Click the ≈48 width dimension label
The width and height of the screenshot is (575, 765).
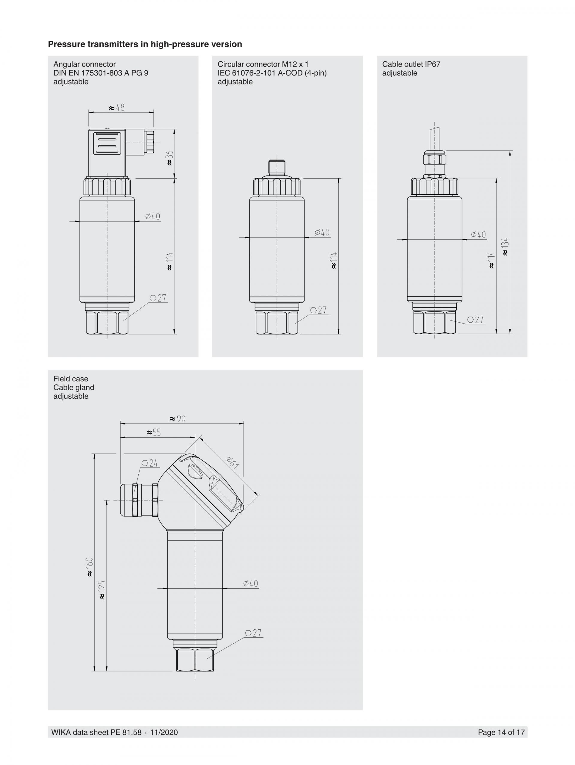(x=116, y=108)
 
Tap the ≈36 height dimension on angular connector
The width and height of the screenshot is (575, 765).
(x=170, y=158)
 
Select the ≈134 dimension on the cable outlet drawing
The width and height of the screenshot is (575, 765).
(x=505, y=246)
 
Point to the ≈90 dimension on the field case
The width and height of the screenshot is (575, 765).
(x=177, y=419)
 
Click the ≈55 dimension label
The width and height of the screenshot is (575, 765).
(x=154, y=432)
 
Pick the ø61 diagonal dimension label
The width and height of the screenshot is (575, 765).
(x=232, y=463)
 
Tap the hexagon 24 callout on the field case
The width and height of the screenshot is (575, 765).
(x=150, y=463)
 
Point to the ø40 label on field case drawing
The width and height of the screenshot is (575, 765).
(x=250, y=583)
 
